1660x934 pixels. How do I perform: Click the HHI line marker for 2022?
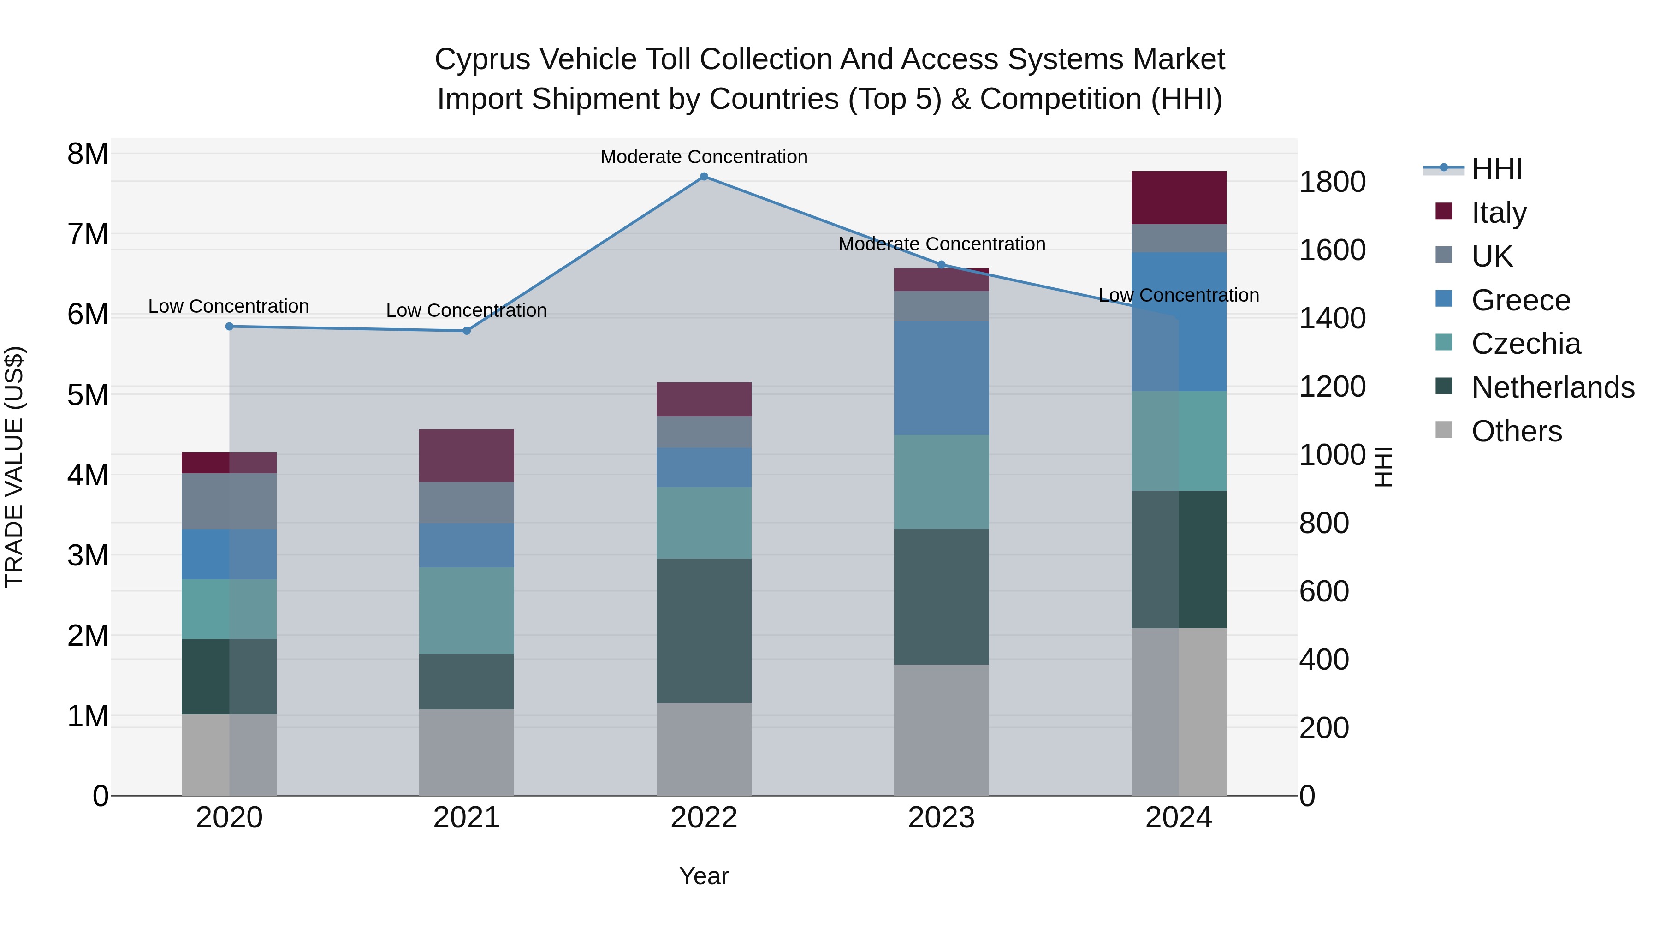pyautogui.click(x=704, y=177)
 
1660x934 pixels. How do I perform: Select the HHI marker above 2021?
pyautogui.click(x=467, y=331)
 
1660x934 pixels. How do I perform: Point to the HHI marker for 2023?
pyautogui.click(x=941, y=264)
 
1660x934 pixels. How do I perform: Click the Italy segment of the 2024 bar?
pyautogui.click(x=1179, y=197)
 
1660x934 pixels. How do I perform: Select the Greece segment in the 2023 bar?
pyautogui.click(x=941, y=378)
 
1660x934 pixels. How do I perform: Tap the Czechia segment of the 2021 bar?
pyautogui.click(x=467, y=610)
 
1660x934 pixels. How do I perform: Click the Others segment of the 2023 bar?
pyautogui.click(x=941, y=729)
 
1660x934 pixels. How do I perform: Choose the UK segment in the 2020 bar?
pyautogui.click(x=230, y=501)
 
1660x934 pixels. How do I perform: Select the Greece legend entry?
pyautogui.click(x=1520, y=300)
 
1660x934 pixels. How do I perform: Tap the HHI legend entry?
pyautogui.click(x=1496, y=168)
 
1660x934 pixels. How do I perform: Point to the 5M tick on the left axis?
pyautogui.click(x=88, y=394)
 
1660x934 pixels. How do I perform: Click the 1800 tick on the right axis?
pyautogui.click(x=1331, y=182)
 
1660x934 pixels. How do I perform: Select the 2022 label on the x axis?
pyautogui.click(x=704, y=818)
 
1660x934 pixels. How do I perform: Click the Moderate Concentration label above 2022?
pyautogui.click(x=704, y=157)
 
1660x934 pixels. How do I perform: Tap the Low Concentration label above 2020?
pyautogui.click(x=229, y=306)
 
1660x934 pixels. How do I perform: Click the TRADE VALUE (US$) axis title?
pyautogui.click(x=14, y=467)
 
